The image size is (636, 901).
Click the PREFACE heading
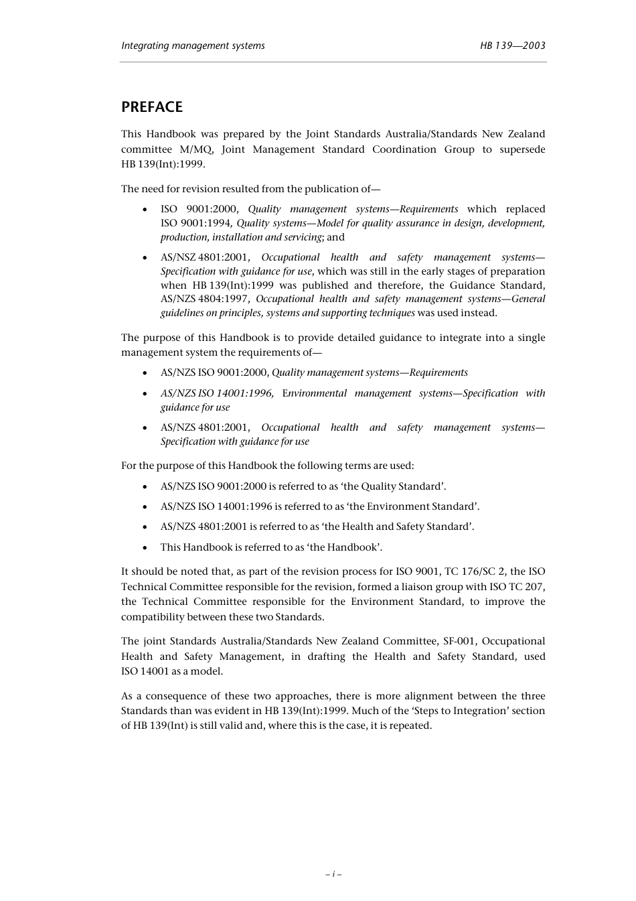tap(151, 107)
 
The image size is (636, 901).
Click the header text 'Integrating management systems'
tap(193, 46)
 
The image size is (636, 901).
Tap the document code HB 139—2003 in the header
tap(512, 46)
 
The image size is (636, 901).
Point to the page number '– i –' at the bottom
tap(333, 874)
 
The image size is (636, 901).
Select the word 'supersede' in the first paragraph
tap(522, 149)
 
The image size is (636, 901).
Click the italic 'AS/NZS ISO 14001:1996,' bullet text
tap(217, 393)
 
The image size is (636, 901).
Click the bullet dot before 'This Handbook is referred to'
tap(145, 547)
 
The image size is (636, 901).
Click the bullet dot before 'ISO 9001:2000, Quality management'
tap(145, 210)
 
